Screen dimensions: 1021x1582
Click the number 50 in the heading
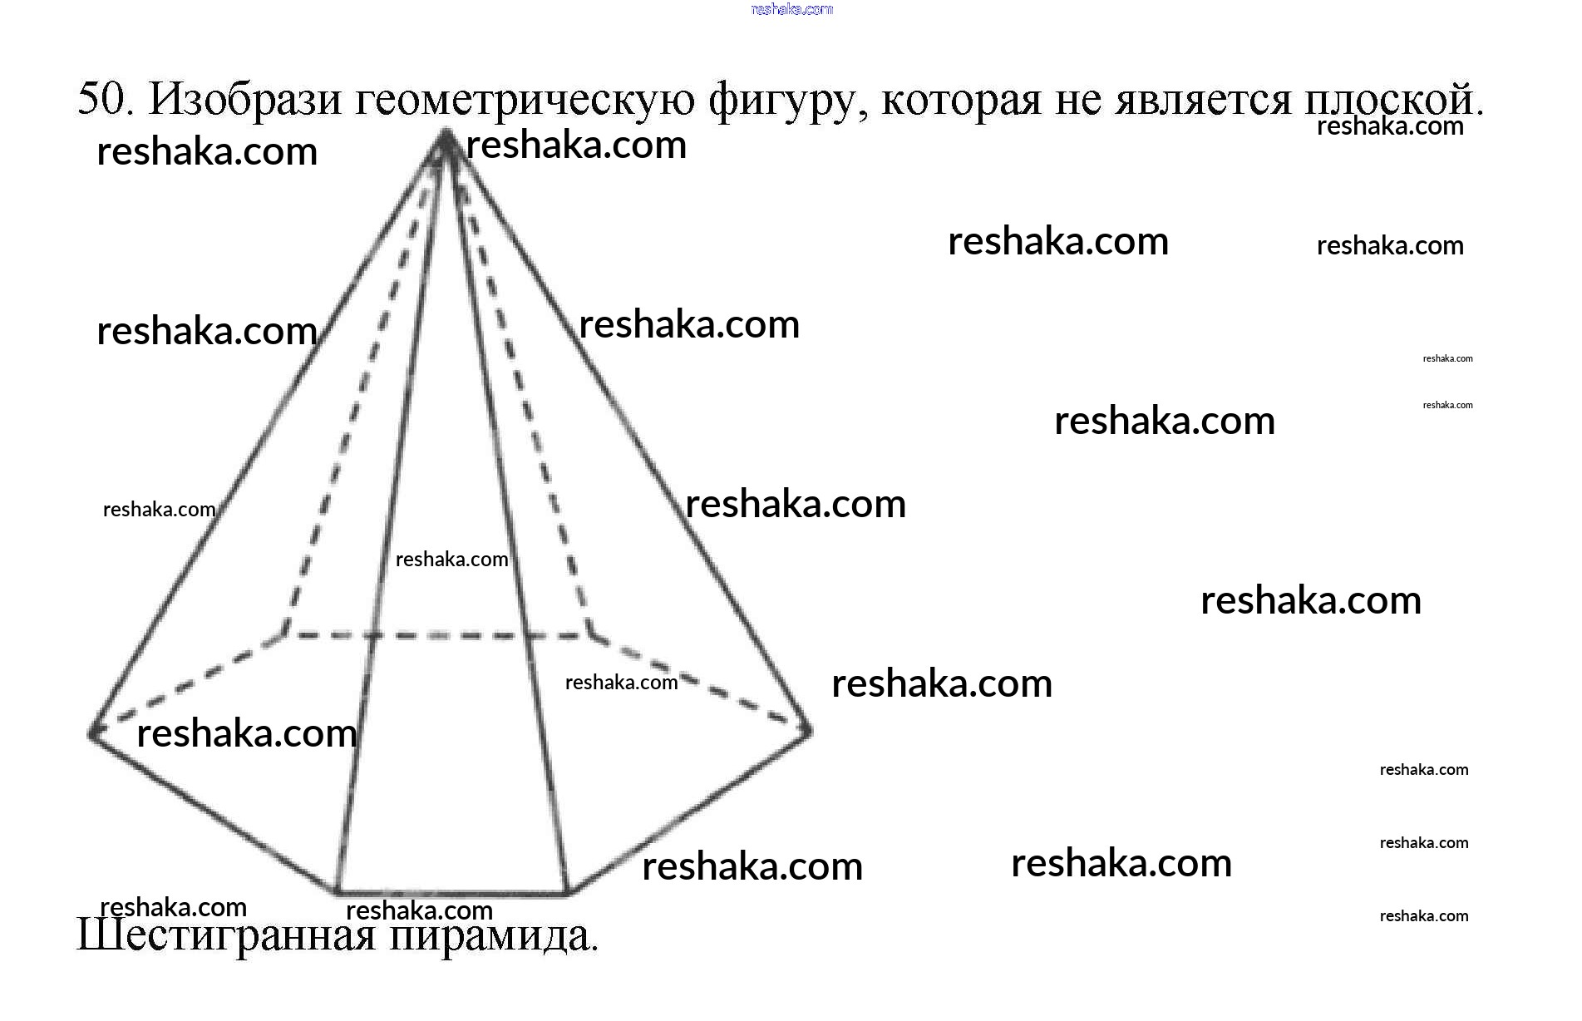click(103, 100)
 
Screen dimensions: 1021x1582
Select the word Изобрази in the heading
click(245, 100)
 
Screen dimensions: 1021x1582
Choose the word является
click(1205, 100)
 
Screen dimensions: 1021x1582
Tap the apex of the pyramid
click(446, 135)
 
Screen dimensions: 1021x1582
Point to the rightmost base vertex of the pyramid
click(807, 731)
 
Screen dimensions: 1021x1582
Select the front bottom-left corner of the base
click(337, 891)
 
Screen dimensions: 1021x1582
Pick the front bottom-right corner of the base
click(568, 892)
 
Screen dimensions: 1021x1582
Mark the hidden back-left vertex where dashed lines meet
click(284, 634)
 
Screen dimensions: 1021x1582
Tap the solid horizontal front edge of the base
click(452, 892)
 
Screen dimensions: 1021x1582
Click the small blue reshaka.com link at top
click(791, 9)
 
